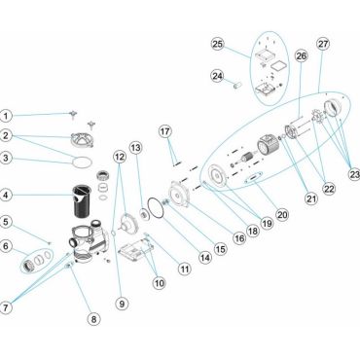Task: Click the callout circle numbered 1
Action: click(6, 116)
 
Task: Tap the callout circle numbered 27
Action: click(323, 44)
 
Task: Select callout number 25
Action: click(218, 44)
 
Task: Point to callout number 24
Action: click(217, 76)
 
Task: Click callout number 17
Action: click(165, 131)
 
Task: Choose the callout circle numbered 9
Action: click(122, 304)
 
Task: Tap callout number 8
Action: click(93, 319)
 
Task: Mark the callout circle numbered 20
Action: click(282, 214)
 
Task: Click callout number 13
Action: click(136, 148)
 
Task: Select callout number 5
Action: click(6, 222)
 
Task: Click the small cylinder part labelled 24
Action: click(238, 87)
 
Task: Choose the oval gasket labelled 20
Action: click(254, 178)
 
